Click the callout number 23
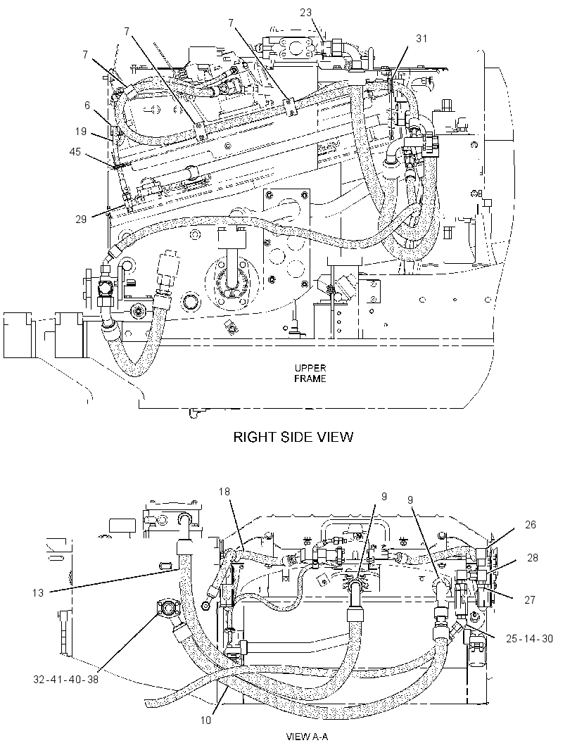click(x=306, y=13)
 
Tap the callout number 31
click(x=421, y=38)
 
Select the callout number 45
click(x=75, y=152)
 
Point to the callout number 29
click(x=81, y=219)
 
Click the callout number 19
click(x=81, y=132)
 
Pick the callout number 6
click(x=87, y=105)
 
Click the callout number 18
click(x=225, y=491)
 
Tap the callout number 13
click(x=38, y=592)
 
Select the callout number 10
click(x=205, y=720)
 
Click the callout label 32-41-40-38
click(x=66, y=679)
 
